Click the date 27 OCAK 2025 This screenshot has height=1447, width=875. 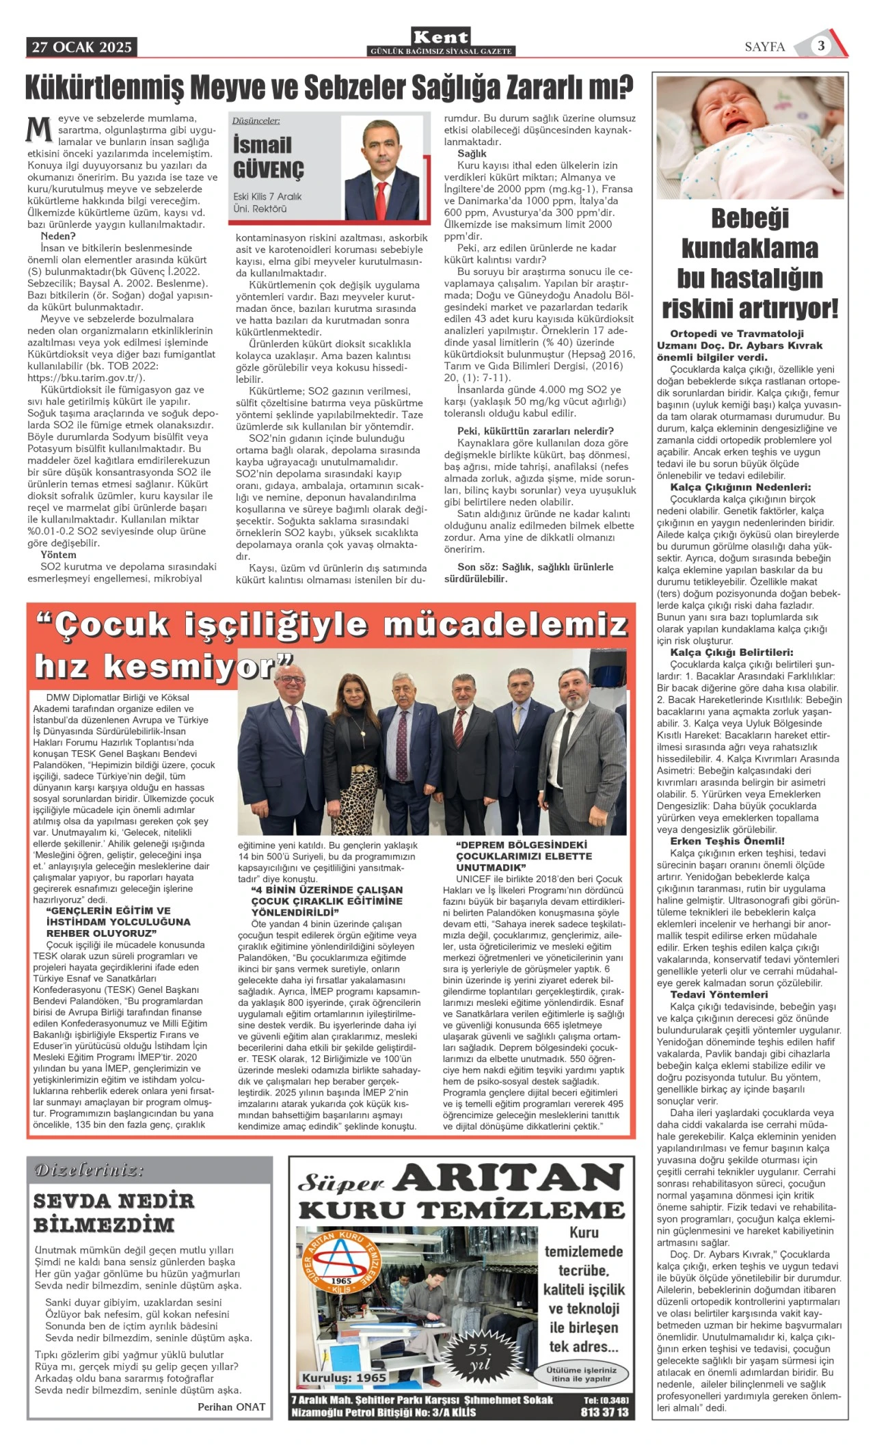[x=81, y=47]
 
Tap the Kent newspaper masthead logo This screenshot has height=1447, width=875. [x=441, y=38]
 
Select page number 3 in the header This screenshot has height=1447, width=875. [x=820, y=46]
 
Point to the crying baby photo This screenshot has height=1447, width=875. [x=750, y=137]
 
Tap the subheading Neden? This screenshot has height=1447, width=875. [x=58, y=236]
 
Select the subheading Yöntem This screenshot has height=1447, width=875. [x=58, y=555]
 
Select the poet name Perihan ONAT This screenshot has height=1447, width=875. [x=231, y=1406]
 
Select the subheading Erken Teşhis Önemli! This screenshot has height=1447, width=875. [x=727, y=841]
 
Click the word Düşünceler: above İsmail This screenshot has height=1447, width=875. [x=256, y=121]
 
